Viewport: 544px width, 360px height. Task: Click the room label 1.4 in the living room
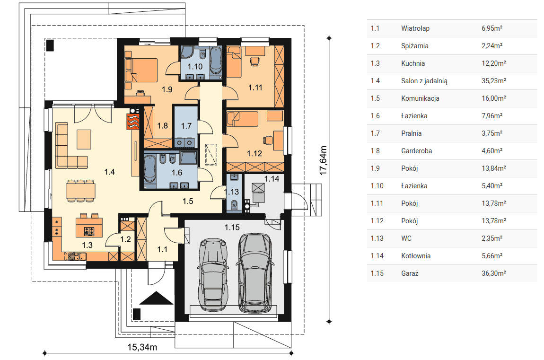109,172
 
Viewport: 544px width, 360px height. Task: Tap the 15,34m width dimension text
142,347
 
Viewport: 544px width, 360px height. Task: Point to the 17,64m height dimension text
323,160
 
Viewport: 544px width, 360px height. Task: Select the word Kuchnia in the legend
413,63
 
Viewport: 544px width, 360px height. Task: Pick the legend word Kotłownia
416,256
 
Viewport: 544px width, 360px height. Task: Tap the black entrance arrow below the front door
156,298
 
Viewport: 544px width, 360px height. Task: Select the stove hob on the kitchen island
89,231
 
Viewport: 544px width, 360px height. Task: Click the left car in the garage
213,274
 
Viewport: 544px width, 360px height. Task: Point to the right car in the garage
255,273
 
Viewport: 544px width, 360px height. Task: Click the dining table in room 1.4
80,191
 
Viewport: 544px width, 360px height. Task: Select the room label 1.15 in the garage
232,228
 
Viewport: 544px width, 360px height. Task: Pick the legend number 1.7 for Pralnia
375,133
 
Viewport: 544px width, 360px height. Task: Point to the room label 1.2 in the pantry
125,239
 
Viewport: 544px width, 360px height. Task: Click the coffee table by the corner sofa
84,140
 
